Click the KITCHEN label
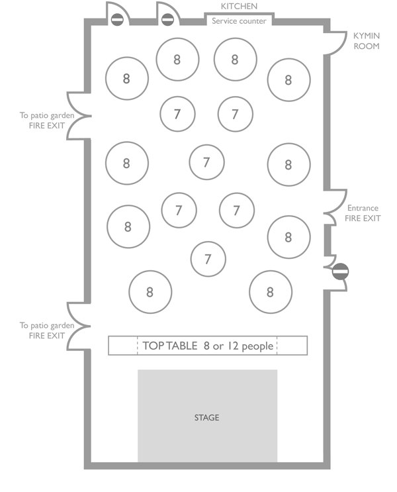(239, 7)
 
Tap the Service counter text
(239, 21)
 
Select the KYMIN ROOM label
(366, 41)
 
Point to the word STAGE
(206, 418)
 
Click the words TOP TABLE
(170, 346)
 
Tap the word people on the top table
(257, 346)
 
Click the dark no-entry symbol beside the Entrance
(340, 271)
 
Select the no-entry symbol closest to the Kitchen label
(167, 20)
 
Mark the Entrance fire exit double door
(334, 213)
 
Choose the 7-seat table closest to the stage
(208, 259)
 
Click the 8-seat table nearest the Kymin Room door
(288, 80)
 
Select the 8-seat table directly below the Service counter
(235, 60)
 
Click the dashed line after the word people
(277, 346)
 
